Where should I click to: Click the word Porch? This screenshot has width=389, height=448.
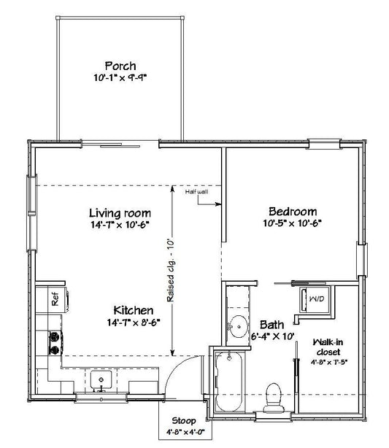click(120, 66)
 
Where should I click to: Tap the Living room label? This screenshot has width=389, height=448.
click(120, 213)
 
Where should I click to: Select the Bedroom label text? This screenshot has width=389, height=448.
click(293, 212)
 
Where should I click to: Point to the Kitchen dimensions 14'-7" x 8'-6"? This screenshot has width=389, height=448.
click(134, 323)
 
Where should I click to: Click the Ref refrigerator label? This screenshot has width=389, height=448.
click(55, 299)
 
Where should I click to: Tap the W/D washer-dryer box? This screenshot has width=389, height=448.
click(317, 299)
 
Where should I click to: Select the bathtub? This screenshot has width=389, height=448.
click(229, 382)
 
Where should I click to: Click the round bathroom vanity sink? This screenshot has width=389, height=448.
click(238, 326)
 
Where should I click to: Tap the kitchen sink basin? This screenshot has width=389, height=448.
click(101, 379)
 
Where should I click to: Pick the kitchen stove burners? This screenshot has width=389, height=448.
click(54, 343)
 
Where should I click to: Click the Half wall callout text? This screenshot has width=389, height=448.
click(196, 192)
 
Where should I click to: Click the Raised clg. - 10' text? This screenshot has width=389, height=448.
click(170, 270)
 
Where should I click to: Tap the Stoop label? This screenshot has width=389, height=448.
click(184, 420)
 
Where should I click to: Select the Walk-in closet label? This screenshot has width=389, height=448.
click(328, 347)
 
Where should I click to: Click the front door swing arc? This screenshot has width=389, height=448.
click(178, 368)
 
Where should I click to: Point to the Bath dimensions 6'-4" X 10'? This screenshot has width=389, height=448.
click(273, 336)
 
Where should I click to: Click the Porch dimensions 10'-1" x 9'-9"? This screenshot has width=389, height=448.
click(120, 77)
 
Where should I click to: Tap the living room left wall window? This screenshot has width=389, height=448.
click(31, 213)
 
